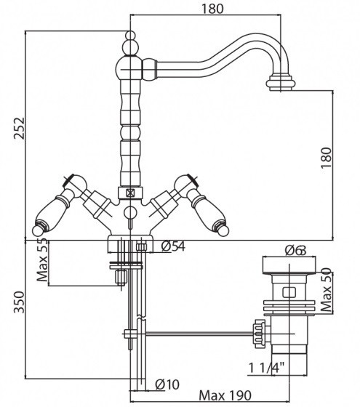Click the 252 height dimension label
click(19, 129)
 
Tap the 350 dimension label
click(19, 302)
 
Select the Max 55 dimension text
click(42, 260)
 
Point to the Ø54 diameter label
click(173, 246)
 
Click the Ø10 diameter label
click(167, 384)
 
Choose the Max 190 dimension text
click(225, 395)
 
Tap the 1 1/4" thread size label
click(266, 368)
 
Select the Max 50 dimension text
click(327, 290)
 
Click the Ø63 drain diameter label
click(295, 251)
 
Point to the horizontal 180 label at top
click(212, 9)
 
